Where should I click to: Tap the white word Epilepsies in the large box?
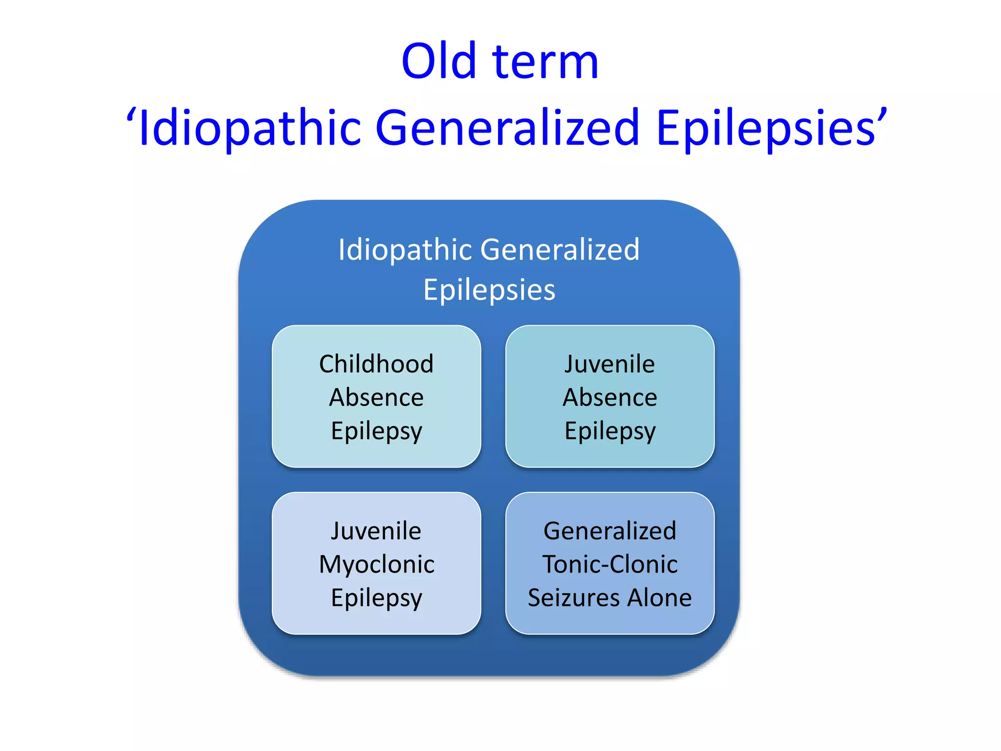pyautogui.click(x=489, y=290)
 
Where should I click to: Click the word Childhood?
pyautogui.click(x=376, y=364)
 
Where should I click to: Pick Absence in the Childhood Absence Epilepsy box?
pyautogui.click(x=376, y=398)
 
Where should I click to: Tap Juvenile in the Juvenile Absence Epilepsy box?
pyautogui.click(x=609, y=364)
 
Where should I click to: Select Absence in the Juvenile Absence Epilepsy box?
pyautogui.click(x=609, y=398)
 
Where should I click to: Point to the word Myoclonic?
pyautogui.click(x=376, y=565)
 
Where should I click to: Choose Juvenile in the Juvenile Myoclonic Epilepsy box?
pyautogui.click(x=376, y=531)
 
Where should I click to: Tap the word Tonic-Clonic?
pyautogui.click(x=609, y=565)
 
